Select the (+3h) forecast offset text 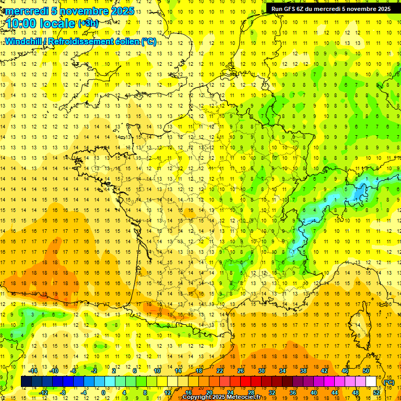[87, 23]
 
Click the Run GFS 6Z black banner [331, 9]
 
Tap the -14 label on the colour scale [33, 371]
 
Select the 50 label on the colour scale [365, 371]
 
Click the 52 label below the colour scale [376, 393]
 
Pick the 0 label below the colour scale [103, 393]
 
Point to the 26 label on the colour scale [240, 371]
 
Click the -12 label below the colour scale [44, 393]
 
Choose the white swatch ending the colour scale [371, 382]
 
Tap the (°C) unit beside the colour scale [388, 382]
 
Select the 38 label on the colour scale [303, 371]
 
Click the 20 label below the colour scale [209, 393]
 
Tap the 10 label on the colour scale [157, 371]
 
